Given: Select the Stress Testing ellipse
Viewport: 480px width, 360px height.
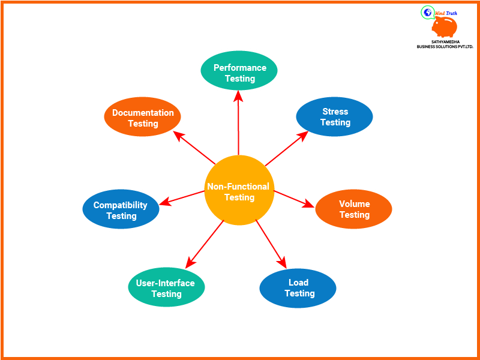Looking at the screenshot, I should [335, 117].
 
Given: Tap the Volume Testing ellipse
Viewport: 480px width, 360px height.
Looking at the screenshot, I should [354, 209].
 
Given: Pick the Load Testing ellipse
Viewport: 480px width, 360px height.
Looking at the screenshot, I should [298, 288].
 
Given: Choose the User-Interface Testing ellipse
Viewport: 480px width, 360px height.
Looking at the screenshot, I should [166, 288].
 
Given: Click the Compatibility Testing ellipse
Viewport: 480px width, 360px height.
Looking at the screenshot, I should [121, 210].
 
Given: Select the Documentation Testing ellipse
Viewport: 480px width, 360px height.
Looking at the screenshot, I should [143, 118].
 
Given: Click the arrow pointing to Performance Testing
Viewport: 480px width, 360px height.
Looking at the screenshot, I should [239, 123].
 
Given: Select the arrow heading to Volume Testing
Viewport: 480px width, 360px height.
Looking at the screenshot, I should [294, 199].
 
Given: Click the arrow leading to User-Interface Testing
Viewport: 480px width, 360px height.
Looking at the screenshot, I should [205, 244].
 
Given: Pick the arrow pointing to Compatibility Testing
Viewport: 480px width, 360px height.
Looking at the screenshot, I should [183, 198].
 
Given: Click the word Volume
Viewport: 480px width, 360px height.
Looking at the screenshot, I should [354, 204].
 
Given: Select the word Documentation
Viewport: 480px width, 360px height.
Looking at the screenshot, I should [143, 112].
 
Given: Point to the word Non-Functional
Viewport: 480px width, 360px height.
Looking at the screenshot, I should [238, 187].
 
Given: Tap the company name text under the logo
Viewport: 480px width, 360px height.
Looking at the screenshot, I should [445, 44].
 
